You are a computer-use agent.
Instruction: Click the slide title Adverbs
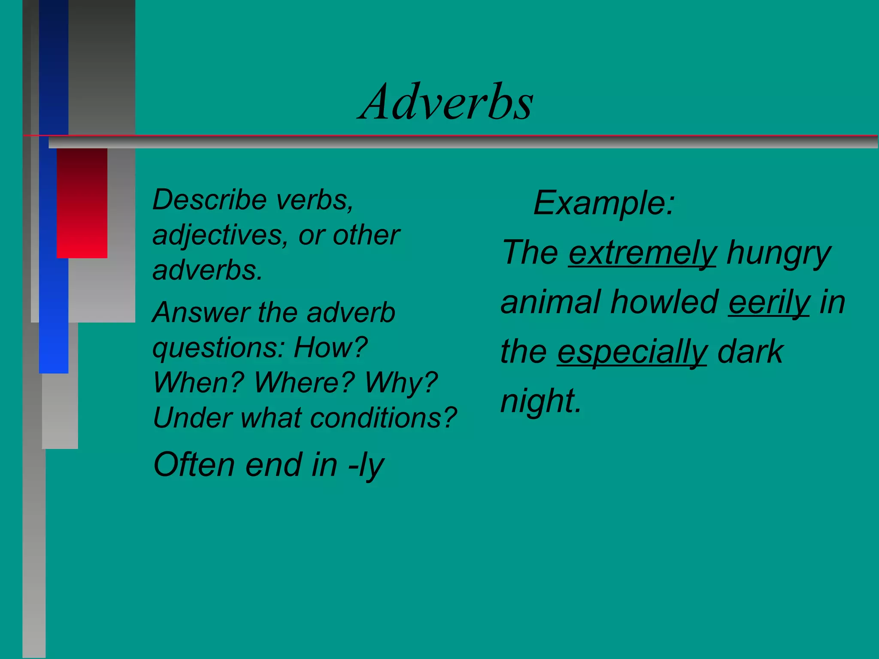coord(446,102)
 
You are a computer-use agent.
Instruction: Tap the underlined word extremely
coord(642,253)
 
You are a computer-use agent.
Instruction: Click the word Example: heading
coord(604,203)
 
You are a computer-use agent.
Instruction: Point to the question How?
coord(330,348)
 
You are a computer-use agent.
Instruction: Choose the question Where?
coord(304,383)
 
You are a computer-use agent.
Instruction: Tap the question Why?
coord(401,383)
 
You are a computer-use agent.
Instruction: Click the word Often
coord(194,465)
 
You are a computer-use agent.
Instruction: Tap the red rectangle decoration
coord(82,203)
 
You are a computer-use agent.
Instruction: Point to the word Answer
coord(200,312)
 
